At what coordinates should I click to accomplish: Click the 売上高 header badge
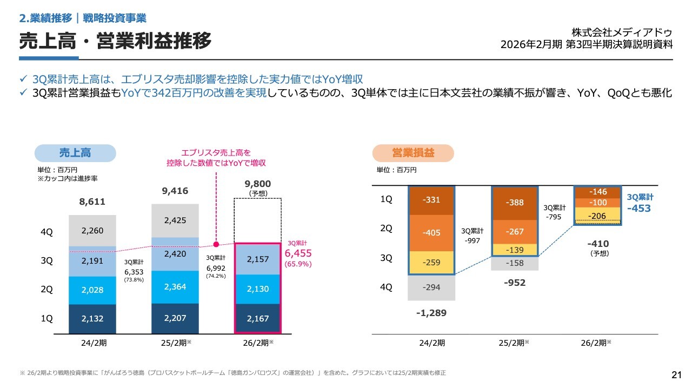click(75, 153)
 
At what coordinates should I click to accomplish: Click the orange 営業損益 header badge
click(413, 153)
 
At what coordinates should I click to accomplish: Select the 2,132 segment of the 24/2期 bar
click(92, 319)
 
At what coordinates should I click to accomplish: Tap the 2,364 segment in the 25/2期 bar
click(175, 286)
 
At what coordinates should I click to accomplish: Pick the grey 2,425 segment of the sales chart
click(175, 220)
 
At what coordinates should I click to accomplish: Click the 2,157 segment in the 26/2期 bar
click(257, 259)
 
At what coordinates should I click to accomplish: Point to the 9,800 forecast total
click(257, 184)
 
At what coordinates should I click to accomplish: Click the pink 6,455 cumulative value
click(298, 253)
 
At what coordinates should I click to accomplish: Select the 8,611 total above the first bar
click(92, 202)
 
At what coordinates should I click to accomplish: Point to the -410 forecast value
click(598, 243)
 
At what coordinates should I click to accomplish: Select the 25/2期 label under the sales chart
click(175, 343)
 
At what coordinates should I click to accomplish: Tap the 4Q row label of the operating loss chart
click(386, 287)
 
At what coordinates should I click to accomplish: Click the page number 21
click(676, 375)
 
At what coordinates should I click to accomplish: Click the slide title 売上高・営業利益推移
click(115, 41)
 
